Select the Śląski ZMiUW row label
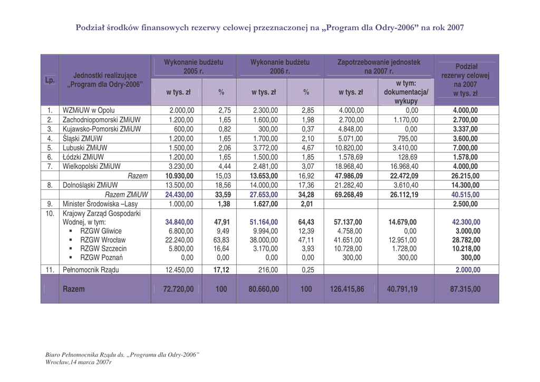pyautogui.click(x=83, y=138)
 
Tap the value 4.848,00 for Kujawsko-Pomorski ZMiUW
pyautogui.click(x=351, y=129)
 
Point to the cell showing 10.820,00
pyautogui.click(x=351, y=148)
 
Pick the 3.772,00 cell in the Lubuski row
pyautogui.click(x=266, y=148)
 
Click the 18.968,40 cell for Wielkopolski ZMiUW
pyautogui.click(x=351, y=166)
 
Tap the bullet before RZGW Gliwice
pyautogui.click(x=70, y=231)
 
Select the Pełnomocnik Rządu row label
pyautogui.click(x=91, y=270)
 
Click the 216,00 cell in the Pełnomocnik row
pyautogui.click(x=269, y=270)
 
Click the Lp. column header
pyautogui.click(x=50, y=80)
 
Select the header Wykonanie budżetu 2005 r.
pyautogui.click(x=194, y=66)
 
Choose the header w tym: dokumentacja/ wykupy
pyautogui.click(x=406, y=92)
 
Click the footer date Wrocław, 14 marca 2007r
pyautogui.click(x=79, y=362)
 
